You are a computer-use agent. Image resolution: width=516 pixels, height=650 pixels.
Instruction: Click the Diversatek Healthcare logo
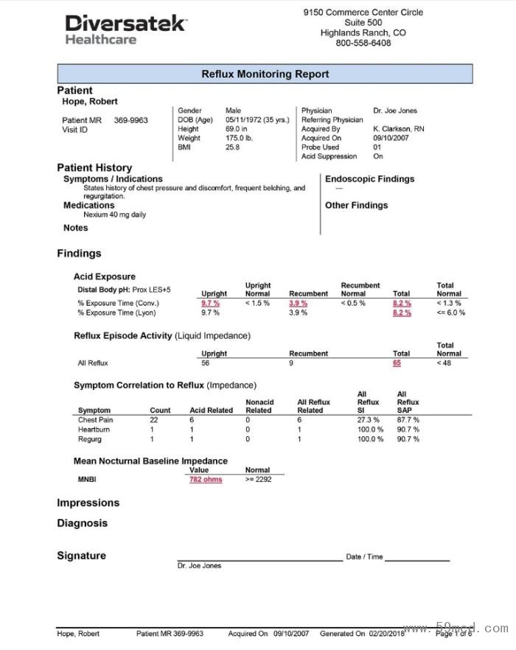(125, 30)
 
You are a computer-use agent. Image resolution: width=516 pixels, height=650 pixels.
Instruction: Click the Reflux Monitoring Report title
(265, 74)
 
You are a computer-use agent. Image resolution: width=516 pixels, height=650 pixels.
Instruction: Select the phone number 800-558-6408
(363, 43)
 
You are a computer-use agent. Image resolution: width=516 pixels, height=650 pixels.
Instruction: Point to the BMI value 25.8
(232, 147)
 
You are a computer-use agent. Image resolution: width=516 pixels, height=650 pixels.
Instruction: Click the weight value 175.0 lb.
(239, 138)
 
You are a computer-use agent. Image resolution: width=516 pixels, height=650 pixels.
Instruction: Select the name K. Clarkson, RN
(398, 129)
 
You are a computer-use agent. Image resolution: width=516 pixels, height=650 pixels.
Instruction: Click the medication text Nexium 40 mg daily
(114, 215)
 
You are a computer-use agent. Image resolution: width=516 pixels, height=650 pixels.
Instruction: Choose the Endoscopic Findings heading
(369, 179)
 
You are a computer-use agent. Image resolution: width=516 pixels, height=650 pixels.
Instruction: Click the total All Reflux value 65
(397, 363)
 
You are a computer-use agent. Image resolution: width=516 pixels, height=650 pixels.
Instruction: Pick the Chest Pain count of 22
(154, 420)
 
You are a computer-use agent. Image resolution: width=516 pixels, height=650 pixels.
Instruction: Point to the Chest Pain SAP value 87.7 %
(408, 420)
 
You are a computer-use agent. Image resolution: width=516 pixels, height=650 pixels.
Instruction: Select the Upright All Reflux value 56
(206, 363)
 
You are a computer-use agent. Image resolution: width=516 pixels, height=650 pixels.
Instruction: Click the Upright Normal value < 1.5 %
(257, 303)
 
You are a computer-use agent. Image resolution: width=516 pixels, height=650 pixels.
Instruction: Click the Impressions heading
(88, 503)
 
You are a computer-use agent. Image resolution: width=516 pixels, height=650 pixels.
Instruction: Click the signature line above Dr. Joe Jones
(259, 560)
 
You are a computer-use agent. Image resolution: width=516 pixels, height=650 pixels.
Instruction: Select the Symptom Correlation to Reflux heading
(165, 385)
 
